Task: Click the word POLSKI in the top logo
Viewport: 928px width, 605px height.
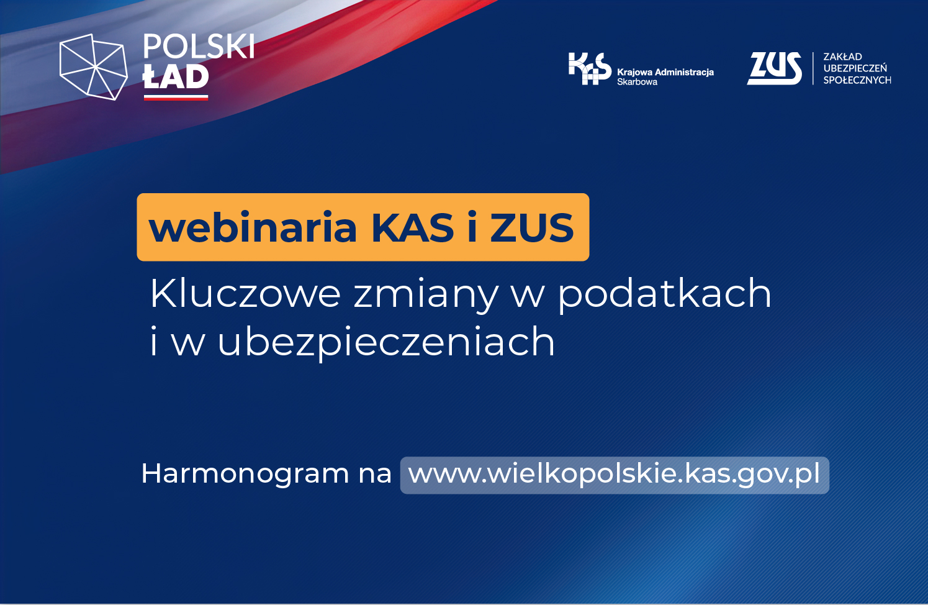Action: pyautogui.click(x=199, y=46)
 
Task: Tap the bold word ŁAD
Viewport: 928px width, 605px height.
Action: pyautogui.click(x=176, y=76)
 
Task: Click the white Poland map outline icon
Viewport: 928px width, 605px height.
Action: pyautogui.click(x=94, y=66)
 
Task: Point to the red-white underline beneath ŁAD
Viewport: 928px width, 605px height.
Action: pyautogui.click(x=176, y=98)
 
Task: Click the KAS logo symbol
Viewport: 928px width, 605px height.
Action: pyautogui.click(x=590, y=68)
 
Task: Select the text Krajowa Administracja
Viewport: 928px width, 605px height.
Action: pyautogui.click(x=665, y=72)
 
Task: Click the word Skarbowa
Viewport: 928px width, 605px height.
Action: pyautogui.click(x=637, y=82)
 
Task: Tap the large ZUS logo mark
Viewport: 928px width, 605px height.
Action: pyautogui.click(x=774, y=68)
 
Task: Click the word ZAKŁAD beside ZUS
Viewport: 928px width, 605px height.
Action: pyautogui.click(x=843, y=57)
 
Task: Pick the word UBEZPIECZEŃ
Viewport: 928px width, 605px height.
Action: pyautogui.click(x=855, y=68)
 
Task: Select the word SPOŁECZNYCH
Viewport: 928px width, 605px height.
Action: pyautogui.click(x=857, y=80)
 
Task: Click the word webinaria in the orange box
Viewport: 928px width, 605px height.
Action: pyautogui.click(x=253, y=227)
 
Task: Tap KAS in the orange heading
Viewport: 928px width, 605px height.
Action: pyautogui.click(x=413, y=227)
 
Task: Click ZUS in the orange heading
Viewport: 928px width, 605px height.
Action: pyautogui.click(x=532, y=227)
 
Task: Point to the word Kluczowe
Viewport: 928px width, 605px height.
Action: pyautogui.click(x=245, y=293)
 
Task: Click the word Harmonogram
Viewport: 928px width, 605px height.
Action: pyautogui.click(x=245, y=473)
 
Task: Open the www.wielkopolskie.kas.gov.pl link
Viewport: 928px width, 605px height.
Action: pyautogui.click(x=614, y=474)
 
